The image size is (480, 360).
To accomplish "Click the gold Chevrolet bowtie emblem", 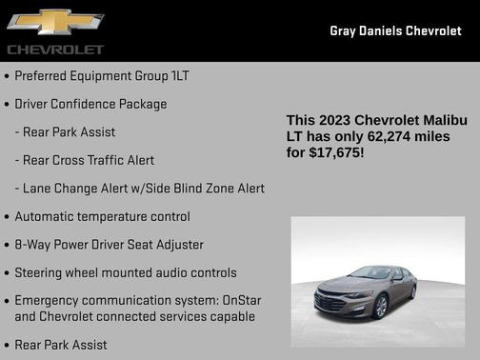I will pos(54,22).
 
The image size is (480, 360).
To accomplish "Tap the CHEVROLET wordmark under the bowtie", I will pos(55,49).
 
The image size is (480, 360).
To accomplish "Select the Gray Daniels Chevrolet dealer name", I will pos(395,31).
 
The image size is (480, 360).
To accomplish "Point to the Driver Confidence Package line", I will pos(90,104).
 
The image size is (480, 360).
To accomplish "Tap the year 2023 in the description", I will pos(333,121).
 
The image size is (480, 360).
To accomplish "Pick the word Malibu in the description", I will pos(440,121).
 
